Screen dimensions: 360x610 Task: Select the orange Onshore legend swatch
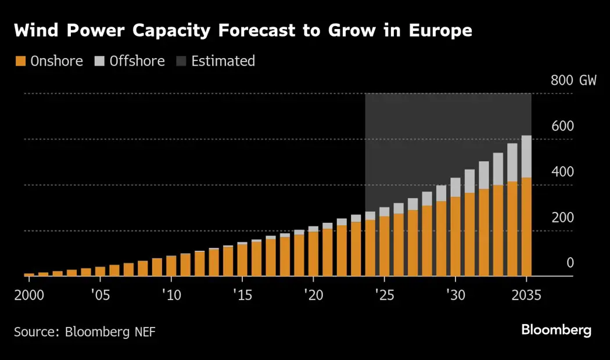[20, 61]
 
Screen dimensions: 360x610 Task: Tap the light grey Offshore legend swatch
[99, 61]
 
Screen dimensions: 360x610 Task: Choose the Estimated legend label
[223, 61]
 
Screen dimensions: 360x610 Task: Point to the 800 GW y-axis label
[573, 80]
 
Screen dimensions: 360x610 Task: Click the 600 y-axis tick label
[562, 126]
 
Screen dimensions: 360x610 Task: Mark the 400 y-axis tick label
[562, 172]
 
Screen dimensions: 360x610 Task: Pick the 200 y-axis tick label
[562, 217]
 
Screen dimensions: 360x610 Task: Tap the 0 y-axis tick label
[570, 263]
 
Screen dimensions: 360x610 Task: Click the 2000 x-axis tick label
[28, 295]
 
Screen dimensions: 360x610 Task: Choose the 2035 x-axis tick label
[526, 295]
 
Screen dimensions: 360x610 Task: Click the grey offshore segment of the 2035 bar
[526, 157]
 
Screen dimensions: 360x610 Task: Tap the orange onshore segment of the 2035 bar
[526, 226]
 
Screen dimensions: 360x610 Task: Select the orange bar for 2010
[171, 266]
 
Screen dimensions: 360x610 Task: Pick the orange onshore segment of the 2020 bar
[313, 254]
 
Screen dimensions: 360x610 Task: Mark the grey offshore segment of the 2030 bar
[455, 188]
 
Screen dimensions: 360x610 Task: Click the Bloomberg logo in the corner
[556, 330]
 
